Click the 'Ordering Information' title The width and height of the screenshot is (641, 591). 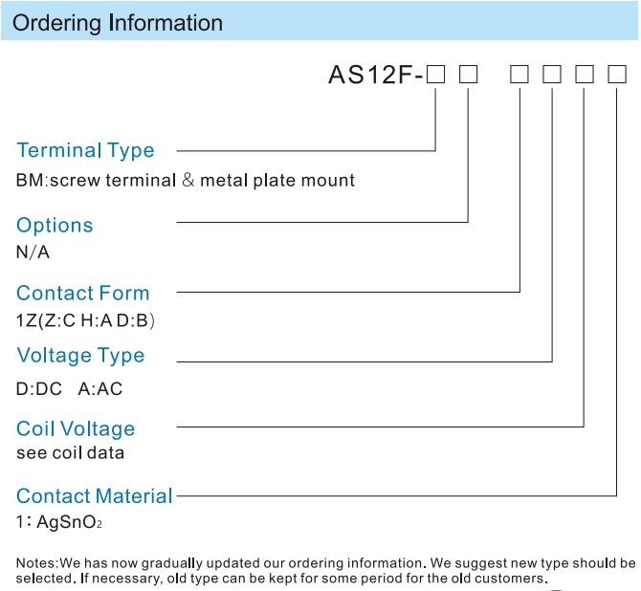pos(118,23)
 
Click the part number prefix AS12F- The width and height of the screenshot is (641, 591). pos(376,75)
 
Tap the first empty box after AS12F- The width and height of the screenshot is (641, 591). pos(435,75)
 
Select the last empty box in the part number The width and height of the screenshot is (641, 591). pos(617,75)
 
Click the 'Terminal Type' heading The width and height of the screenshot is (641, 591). pos(85,151)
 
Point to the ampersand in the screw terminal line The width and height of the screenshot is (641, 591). pos(188,180)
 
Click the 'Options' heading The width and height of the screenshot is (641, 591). pos(55,225)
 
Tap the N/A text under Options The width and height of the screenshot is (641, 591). pos(33,252)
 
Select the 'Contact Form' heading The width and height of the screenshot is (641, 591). pos(83,293)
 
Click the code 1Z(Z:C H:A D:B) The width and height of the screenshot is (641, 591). pos(85,320)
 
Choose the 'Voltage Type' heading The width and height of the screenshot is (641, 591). pos(80,356)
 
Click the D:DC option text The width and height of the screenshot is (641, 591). pos(39,388)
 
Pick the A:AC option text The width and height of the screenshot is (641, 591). pos(100,388)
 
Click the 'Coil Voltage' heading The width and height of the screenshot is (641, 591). pos(76,429)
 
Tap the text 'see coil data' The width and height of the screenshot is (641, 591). pos(70,453)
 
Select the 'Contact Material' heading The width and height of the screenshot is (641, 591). pos(95,496)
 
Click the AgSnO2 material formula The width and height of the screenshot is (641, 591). pos(69,522)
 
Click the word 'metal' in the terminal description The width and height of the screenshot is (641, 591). pos(224,180)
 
